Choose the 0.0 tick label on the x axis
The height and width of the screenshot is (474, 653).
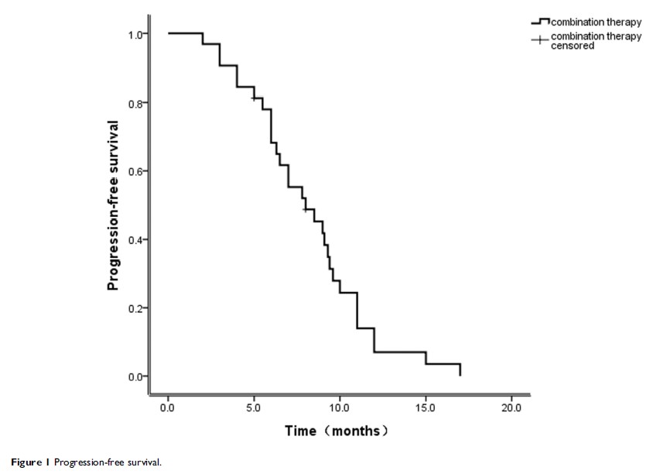[x=168, y=407]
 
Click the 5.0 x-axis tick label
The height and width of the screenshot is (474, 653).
[x=254, y=407]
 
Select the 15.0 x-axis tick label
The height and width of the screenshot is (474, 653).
[x=426, y=407]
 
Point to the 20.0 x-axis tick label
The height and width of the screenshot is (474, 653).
[x=511, y=407]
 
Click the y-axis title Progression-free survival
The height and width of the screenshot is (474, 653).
[x=113, y=205]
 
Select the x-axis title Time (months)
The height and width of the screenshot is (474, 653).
[x=336, y=431]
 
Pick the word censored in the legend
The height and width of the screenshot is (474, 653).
[x=573, y=46]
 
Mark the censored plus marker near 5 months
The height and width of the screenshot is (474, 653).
[x=254, y=98]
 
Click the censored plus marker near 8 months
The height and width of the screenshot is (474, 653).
[x=306, y=209]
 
